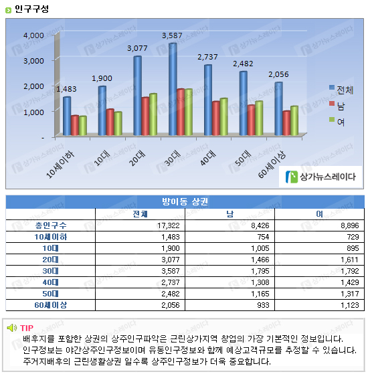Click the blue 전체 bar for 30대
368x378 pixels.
[x=173, y=90]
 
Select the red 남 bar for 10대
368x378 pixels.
[x=110, y=122]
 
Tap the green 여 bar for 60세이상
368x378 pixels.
[x=294, y=120]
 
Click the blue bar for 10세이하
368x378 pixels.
[x=67, y=116]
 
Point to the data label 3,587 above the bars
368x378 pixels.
[x=172, y=35]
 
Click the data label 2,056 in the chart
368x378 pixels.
[x=278, y=74]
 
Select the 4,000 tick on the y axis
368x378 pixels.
[x=33, y=35]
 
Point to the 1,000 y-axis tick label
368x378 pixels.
[x=33, y=112]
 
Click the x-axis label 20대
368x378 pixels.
[x=137, y=159]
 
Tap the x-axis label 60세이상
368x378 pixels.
[x=272, y=165]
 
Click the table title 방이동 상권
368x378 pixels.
[x=185, y=201]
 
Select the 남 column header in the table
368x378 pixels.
[x=229, y=214]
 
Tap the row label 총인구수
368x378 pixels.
[x=51, y=225]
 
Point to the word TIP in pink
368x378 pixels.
[x=27, y=328]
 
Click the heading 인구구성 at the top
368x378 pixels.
[x=31, y=9]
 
